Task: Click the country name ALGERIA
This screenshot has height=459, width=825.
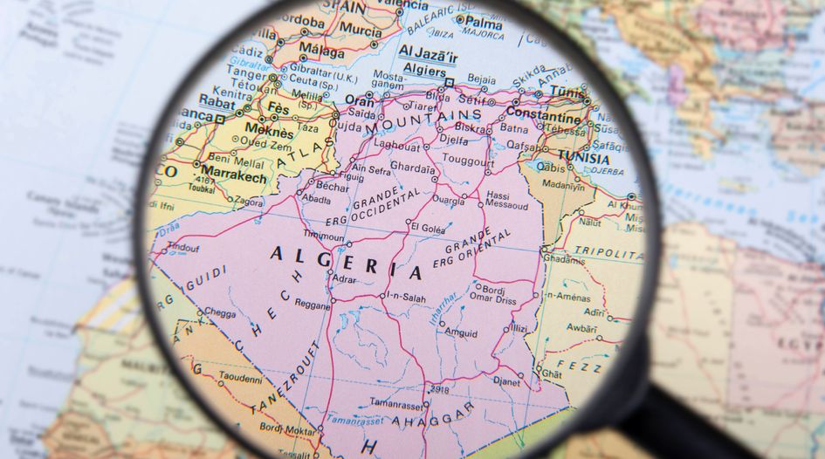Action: [346, 262]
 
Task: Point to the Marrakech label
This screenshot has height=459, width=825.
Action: [234, 176]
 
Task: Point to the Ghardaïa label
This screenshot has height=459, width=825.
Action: [411, 167]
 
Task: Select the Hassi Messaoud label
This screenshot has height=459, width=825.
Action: [506, 202]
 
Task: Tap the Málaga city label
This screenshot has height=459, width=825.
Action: [321, 49]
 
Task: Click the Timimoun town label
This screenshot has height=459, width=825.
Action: [322, 236]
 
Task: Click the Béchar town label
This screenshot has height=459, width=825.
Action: [333, 187]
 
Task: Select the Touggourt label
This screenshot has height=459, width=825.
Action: [468, 161]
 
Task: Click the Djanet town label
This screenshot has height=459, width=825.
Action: [506, 381]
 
